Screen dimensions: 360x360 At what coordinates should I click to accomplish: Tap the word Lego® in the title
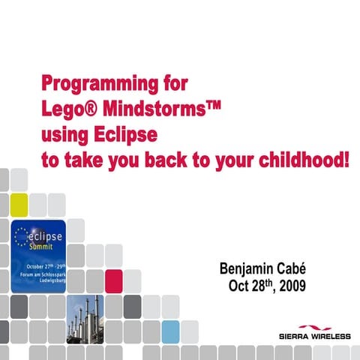(x=65, y=109)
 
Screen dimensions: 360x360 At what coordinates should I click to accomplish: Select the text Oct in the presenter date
(x=239, y=286)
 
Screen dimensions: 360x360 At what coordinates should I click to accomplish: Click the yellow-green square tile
(x=19, y=203)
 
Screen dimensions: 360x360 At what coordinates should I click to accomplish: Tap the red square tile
(x=113, y=280)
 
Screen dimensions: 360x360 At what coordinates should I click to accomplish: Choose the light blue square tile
(x=170, y=331)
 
